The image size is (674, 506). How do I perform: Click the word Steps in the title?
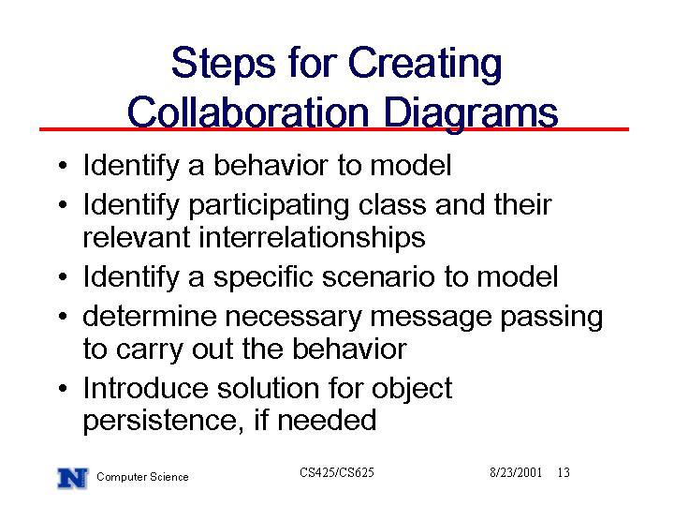pyautogui.click(x=223, y=64)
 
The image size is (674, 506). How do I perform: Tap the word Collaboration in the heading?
pyautogui.click(x=248, y=112)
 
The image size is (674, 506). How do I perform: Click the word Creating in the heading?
pyautogui.click(x=425, y=64)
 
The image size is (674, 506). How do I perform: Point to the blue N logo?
pyautogui.click(x=72, y=478)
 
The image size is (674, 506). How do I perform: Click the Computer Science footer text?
pyautogui.click(x=142, y=477)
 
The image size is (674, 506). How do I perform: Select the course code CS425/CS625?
pyautogui.click(x=337, y=472)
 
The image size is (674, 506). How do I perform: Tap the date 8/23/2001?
pyautogui.click(x=516, y=472)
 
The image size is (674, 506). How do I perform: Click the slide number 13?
pyautogui.click(x=564, y=472)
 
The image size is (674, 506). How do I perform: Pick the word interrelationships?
pyautogui.click(x=312, y=237)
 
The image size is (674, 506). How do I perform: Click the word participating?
pyautogui.click(x=269, y=205)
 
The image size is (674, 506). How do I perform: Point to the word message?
pyautogui.click(x=431, y=319)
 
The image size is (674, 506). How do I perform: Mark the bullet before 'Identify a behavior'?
pyautogui.click(x=63, y=166)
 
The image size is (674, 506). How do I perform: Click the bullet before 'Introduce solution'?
pyautogui.click(x=63, y=389)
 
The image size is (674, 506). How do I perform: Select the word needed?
pyautogui.click(x=327, y=420)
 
